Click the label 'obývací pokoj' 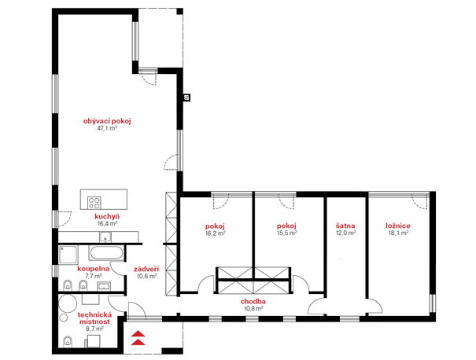click(x=107, y=121)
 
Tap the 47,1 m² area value click(x=107, y=128)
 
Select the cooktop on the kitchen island click(x=94, y=203)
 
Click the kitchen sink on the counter click(x=105, y=237)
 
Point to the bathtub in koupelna click(x=106, y=253)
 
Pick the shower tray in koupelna click(x=68, y=255)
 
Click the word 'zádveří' click(x=146, y=269)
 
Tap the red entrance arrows click(x=138, y=337)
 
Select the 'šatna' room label click(x=345, y=226)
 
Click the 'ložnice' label click(x=398, y=226)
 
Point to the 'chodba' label click(x=253, y=302)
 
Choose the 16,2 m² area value click(x=216, y=233)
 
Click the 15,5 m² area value click(x=287, y=233)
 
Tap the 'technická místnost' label click(x=94, y=318)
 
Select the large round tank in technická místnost click(x=68, y=303)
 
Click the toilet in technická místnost click(x=68, y=341)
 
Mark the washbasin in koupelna click(x=104, y=286)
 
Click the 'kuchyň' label click(x=107, y=216)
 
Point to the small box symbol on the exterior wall click(x=187, y=97)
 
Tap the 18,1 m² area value click(x=398, y=233)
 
